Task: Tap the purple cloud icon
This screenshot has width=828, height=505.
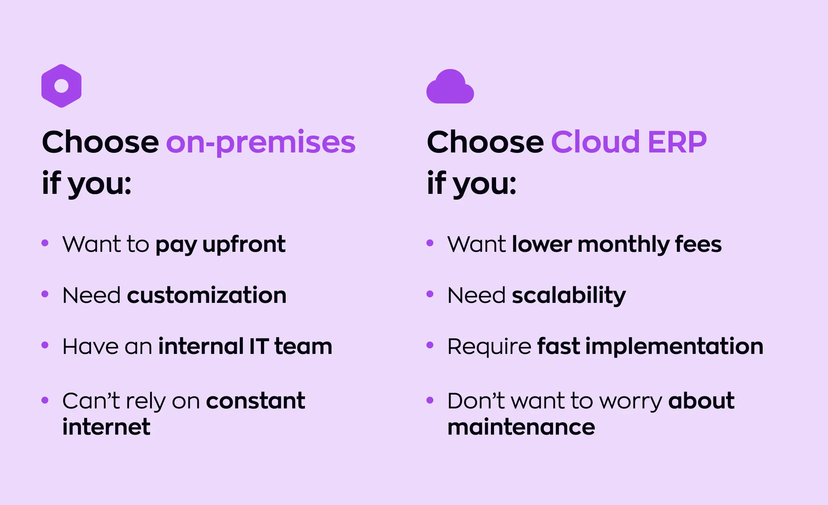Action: [x=450, y=87]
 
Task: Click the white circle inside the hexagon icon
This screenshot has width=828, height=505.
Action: [x=61, y=86]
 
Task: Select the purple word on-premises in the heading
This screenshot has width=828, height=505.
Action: [x=260, y=142]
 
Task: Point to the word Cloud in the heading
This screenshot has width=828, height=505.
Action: [x=595, y=142]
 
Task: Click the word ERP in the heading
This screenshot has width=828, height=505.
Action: [x=677, y=142]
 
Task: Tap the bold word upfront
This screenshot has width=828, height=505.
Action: [x=244, y=245]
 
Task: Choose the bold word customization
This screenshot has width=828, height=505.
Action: [x=207, y=296]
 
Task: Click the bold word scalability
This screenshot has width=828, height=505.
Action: [x=569, y=296]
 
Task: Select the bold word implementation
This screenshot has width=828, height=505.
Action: [x=674, y=346]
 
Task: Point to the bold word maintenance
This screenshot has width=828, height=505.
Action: [x=521, y=427]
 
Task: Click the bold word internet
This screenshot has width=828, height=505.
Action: [x=106, y=427]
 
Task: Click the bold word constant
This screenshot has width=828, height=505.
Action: [x=256, y=401]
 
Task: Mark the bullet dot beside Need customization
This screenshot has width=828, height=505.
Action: [x=45, y=294]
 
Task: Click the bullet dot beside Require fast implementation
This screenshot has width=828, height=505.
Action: [x=430, y=345]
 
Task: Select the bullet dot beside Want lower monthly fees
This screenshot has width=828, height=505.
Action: [x=430, y=243]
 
